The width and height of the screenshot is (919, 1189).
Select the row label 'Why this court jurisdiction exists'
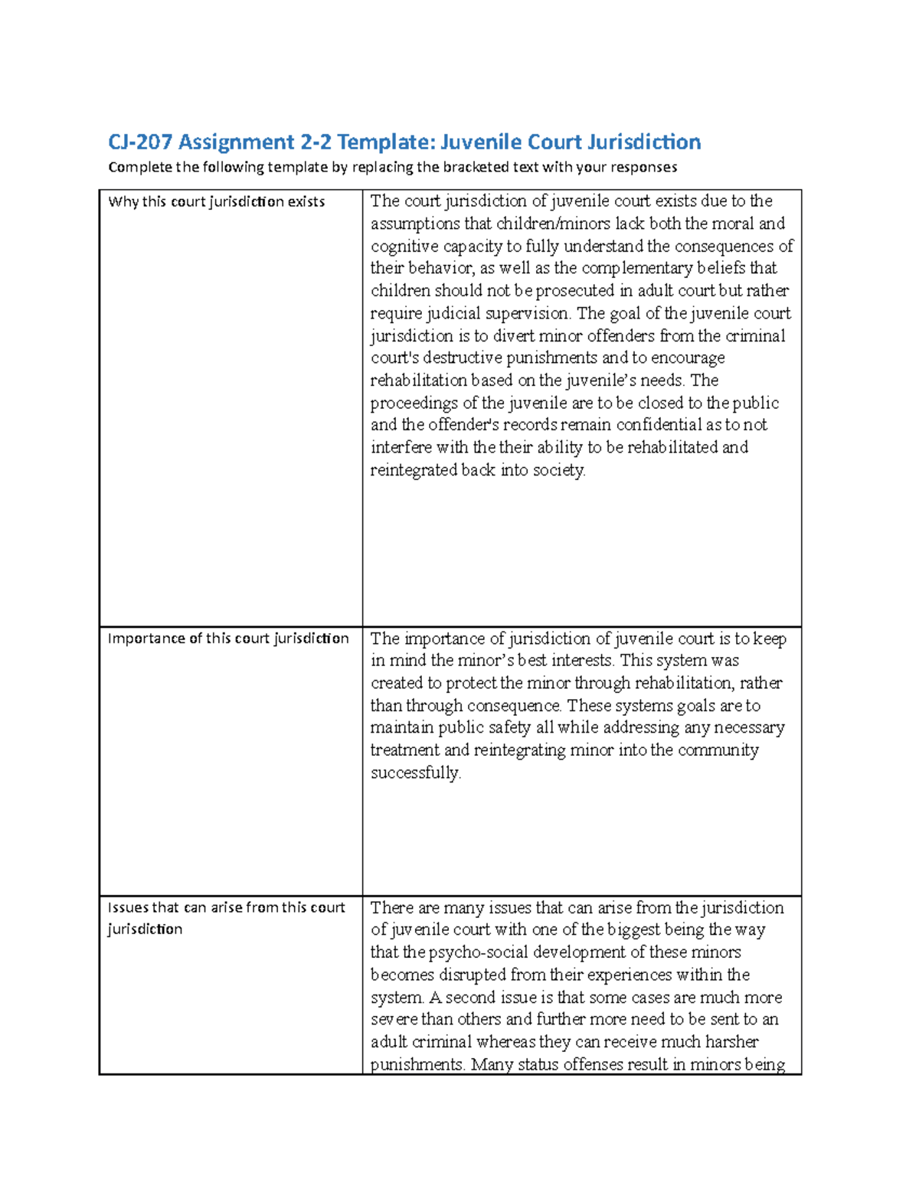[x=216, y=202]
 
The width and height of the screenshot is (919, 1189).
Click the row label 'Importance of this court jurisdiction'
[x=228, y=639]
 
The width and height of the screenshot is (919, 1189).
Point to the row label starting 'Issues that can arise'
[x=226, y=908]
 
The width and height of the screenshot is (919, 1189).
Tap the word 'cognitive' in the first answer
[x=405, y=247]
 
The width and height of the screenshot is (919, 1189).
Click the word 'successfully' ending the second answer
[x=415, y=773]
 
